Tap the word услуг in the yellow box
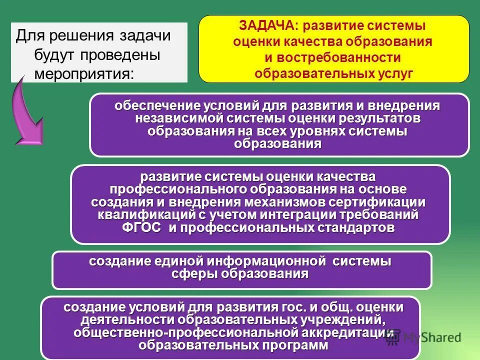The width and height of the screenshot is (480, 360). pos(395,73)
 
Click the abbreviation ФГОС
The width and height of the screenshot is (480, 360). pos(141,227)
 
